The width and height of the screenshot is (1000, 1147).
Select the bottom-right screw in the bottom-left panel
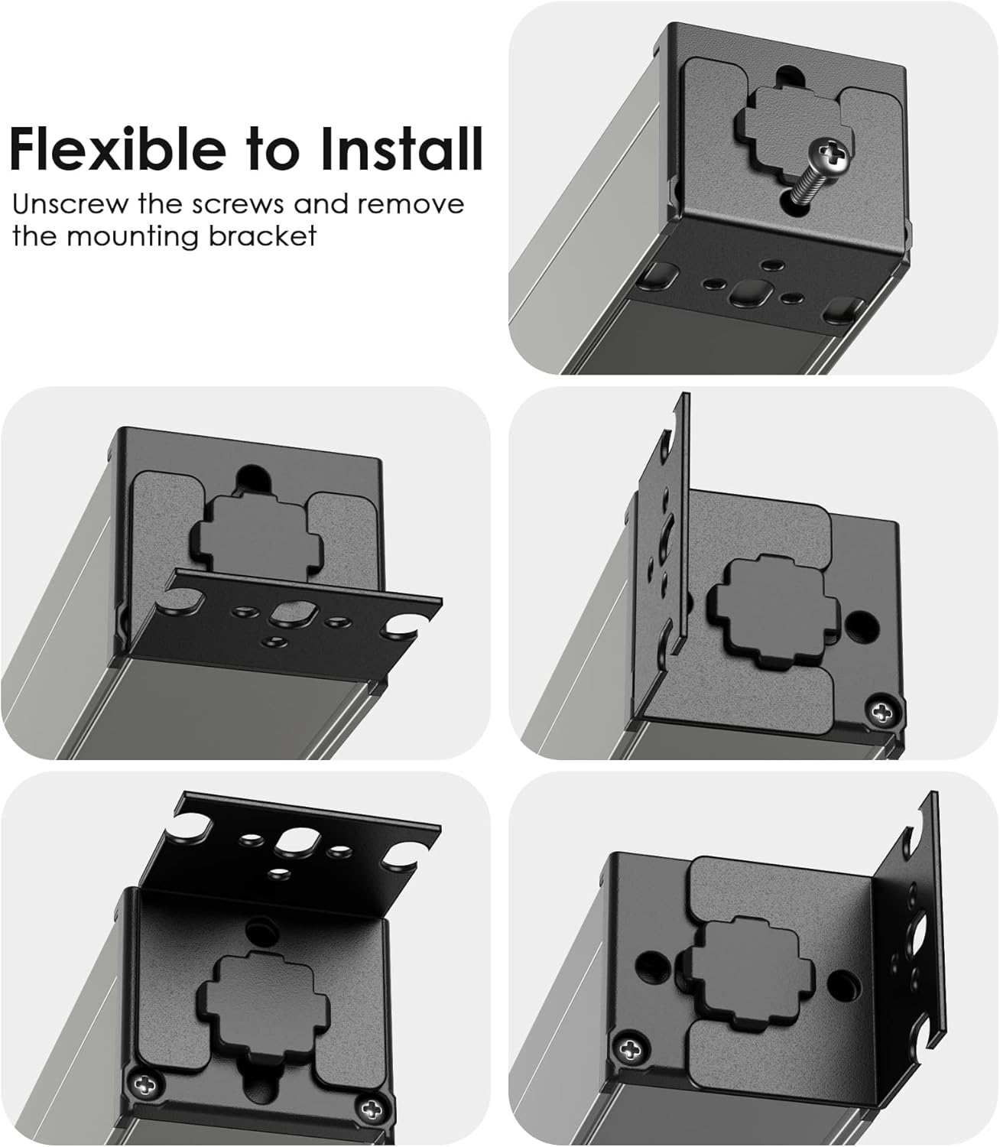[x=370, y=1107]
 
